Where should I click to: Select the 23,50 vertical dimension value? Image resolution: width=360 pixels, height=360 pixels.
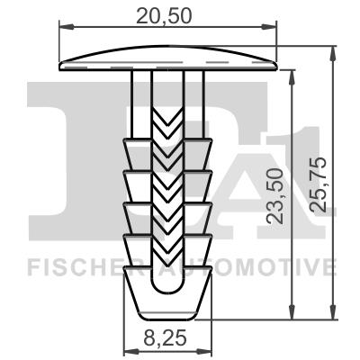(x=277, y=195)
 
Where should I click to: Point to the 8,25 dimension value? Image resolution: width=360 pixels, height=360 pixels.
(x=166, y=341)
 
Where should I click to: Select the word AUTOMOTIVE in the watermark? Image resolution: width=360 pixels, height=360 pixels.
(x=261, y=267)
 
